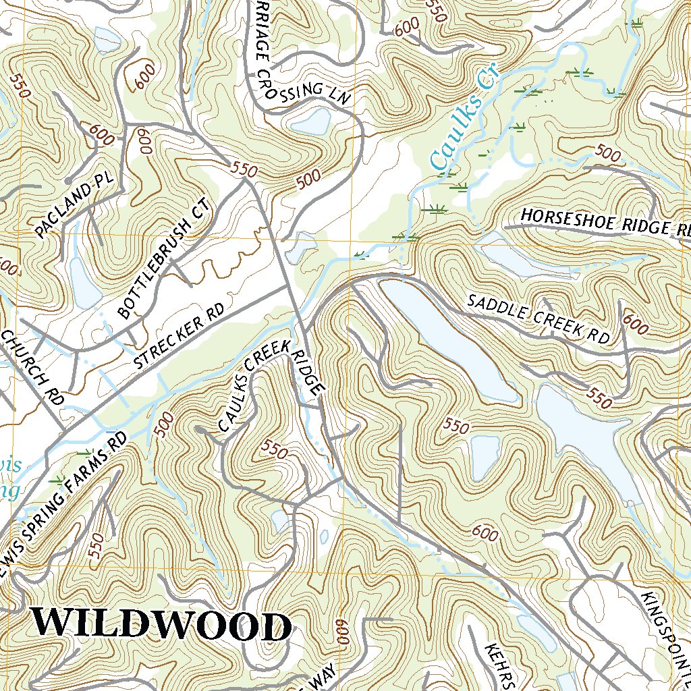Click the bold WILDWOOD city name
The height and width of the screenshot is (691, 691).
pyautogui.click(x=162, y=624)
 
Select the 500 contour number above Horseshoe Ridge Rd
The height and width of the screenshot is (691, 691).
pyautogui.click(x=609, y=155)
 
